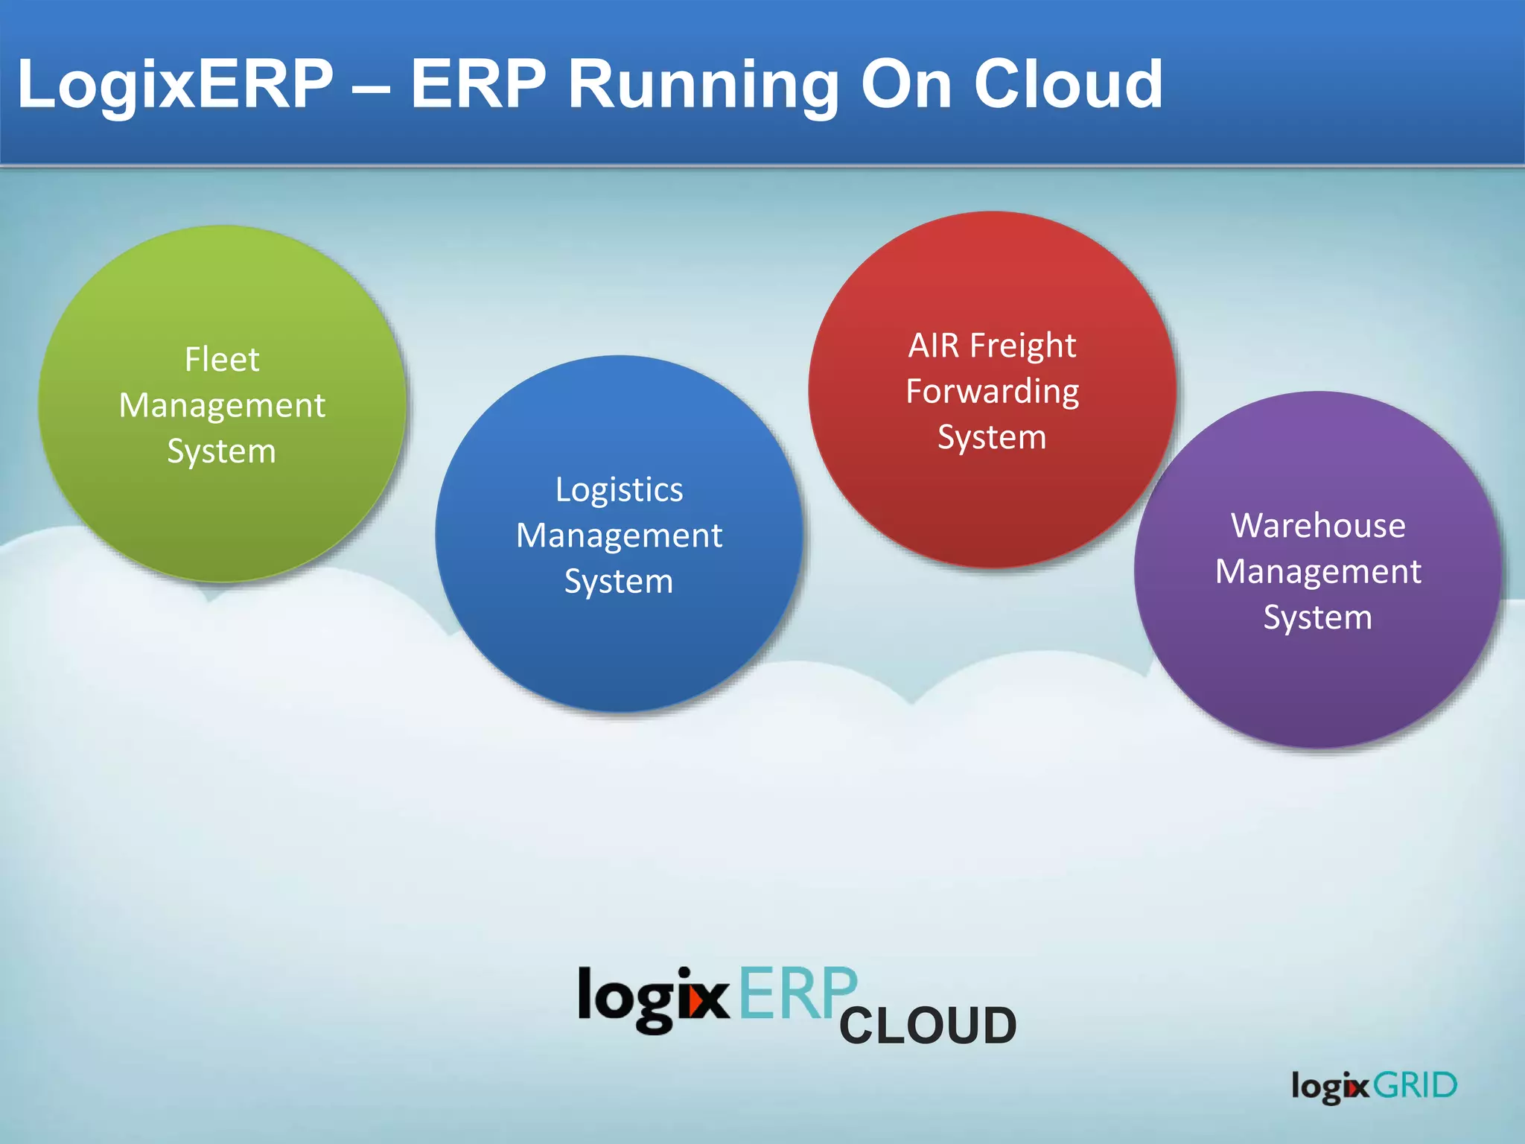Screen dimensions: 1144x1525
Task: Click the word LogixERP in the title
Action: point(176,83)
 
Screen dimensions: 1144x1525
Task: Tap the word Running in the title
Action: point(703,83)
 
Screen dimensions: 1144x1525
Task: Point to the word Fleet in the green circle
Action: point(222,360)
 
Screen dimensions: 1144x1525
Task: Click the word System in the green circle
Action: point(222,451)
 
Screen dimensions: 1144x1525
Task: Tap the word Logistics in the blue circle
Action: point(619,490)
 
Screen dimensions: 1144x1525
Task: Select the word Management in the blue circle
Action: point(619,536)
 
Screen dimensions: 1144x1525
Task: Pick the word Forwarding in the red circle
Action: point(993,392)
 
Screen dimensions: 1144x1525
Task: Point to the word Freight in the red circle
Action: point(1023,346)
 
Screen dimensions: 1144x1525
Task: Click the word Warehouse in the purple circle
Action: point(1318,526)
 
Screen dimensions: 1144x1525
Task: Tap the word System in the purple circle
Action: point(1318,617)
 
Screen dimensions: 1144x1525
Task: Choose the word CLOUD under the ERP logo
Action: point(928,1026)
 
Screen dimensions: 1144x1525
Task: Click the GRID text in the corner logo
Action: point(1415,1085)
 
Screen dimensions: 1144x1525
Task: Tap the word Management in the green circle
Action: point(222,406)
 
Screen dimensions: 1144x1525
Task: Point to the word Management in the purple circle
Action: point(1318,572)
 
